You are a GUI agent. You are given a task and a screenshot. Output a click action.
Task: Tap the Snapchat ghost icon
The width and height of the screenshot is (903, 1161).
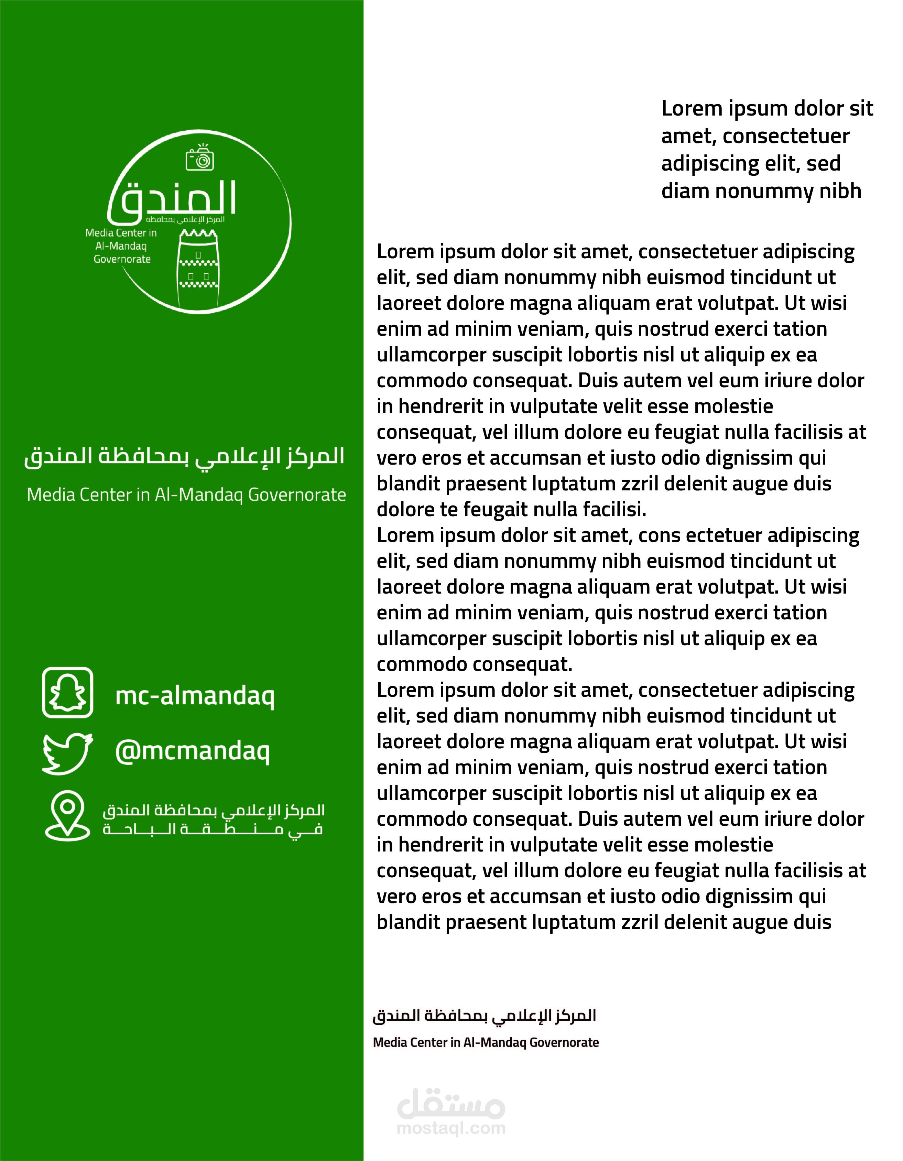point(67,692)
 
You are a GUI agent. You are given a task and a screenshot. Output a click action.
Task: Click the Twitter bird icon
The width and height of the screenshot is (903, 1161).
point(67,753)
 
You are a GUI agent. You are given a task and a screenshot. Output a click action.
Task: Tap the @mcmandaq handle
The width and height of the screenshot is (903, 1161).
point(193,751)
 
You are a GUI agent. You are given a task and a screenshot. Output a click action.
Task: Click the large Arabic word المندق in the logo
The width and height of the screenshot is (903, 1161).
point(173,199)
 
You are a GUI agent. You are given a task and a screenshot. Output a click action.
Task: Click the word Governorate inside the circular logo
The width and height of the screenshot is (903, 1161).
point(122,259)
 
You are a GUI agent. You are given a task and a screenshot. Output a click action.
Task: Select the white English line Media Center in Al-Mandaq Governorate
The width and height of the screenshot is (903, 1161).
point(186,495)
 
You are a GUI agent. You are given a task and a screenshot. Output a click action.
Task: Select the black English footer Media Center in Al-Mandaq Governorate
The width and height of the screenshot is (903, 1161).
point(485,1042)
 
